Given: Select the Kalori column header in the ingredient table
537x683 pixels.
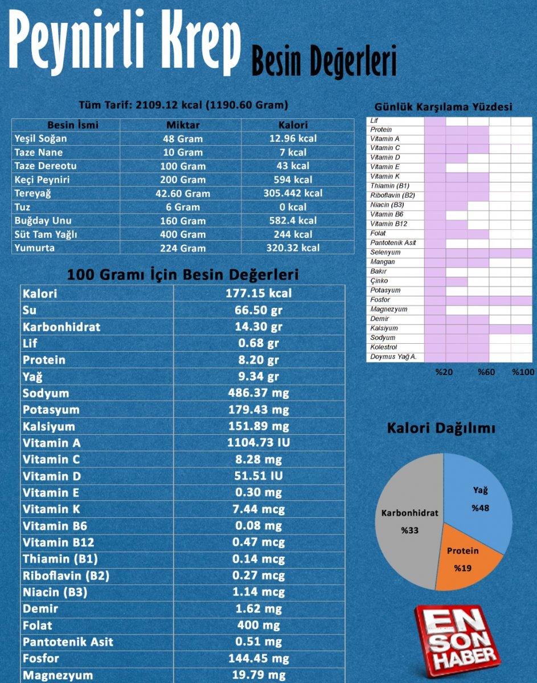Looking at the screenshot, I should click(293, 125).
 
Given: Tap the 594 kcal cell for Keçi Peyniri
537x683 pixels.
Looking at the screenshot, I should click(293, 180).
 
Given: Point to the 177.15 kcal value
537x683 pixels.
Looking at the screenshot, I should click(259, 293).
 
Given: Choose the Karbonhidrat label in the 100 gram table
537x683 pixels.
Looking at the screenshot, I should click(62, 327).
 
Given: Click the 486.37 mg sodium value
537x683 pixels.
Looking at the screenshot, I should click(259, 393).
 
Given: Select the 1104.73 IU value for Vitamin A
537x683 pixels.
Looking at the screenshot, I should click(259, 443).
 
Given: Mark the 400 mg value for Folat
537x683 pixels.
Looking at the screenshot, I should click(259, 626).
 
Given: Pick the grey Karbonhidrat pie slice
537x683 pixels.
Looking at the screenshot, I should click(407, 529).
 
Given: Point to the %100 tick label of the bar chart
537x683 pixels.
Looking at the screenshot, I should click(523, 372).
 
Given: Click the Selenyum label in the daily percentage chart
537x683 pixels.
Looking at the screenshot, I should click(386, 252).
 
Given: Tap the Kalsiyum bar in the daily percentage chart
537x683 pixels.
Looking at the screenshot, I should click(478, 328).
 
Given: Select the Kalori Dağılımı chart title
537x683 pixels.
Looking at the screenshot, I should click(441, 429).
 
